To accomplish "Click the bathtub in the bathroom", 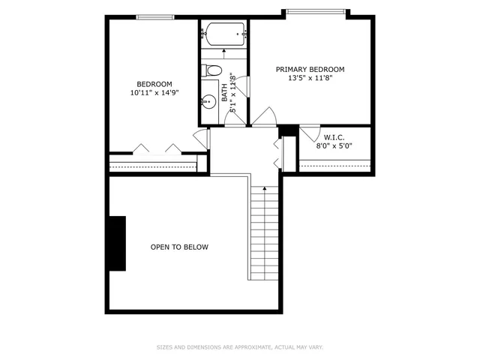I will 224,34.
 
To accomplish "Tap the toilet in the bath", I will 212,71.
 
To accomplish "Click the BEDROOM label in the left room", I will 154,84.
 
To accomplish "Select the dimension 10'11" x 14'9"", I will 154,93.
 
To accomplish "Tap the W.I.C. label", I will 334,138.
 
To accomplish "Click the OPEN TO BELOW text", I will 179,247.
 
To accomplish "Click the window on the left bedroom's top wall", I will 155,16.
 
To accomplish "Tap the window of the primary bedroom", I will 314,11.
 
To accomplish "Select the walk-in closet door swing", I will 308,133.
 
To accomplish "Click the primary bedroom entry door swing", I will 263,117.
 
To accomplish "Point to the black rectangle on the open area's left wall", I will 117,244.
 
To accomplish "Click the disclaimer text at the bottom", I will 239,347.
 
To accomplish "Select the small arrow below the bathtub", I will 224,54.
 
